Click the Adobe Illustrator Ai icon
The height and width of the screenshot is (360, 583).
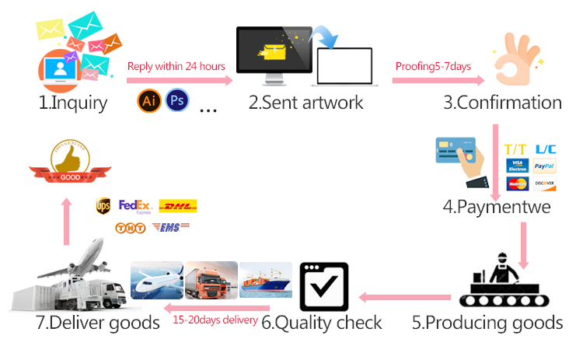(x=148, y=101)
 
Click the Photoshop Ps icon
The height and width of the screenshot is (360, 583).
(x=176, y=101)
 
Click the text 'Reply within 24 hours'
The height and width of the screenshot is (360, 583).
(x=176, y=66)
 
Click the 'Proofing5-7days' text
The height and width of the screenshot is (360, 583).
(x=433, y=66)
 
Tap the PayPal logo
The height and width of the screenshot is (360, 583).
(x=544, y=166)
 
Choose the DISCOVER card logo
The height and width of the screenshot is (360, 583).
(x=544, y=183)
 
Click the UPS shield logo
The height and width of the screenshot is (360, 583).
(x=103, y=206)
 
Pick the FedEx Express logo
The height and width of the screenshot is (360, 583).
(x=134, y=206)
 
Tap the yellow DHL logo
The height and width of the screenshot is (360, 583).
(x=177, y=206)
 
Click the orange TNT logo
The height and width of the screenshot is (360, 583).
(x=130, y=228)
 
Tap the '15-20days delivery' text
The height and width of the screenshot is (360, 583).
(x=215, y=320)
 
